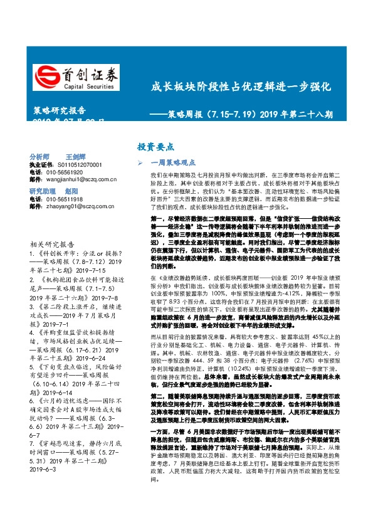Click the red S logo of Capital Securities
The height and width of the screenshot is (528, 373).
coord(46,76)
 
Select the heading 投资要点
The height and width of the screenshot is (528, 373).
coord(155,147)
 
